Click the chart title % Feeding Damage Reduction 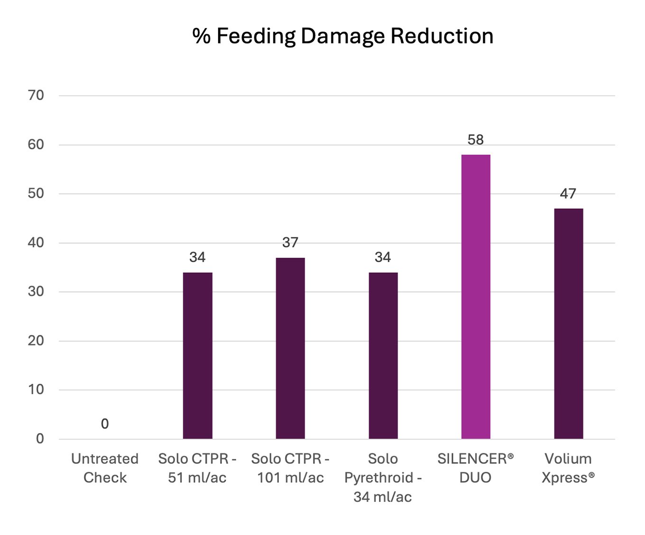pyautogui.click(x=342, y=36)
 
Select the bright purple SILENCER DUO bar pyautogui.click(x=476, y=296)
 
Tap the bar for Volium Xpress pyautogui.click(x=568, y=323)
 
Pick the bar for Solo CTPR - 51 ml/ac pyautogui.click(x=197, y=355)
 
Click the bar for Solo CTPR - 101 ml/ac pyautogui.click(x=290, y=348)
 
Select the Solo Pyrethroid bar pyautogui.click(x=383, y=355)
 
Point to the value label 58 pyautogui.click(x=476, y=140)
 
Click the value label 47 pyautogui.click(x=568, y=194)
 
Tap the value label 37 pyautogui.click(x=290, y=243)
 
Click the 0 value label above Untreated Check pyautogui.click(x=105, y=424)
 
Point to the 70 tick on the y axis pyautogui.click(x=36, y=95)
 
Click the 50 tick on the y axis pyautogui.click(x=36, y=194)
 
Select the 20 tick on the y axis pyautogui.click(x=36, y=341)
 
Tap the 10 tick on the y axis pyautogui.click(x=36, y=389)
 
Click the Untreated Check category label pyautogui.click(x=105, y=468)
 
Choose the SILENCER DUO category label pyautogui.click(x=476, y=468)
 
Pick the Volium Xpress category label pyautogui.click(x=568, y=468)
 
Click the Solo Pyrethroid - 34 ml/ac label pyautogui.click(x=383, y=478)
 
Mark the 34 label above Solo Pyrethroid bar pyautogui.click(x=383, y=258)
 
